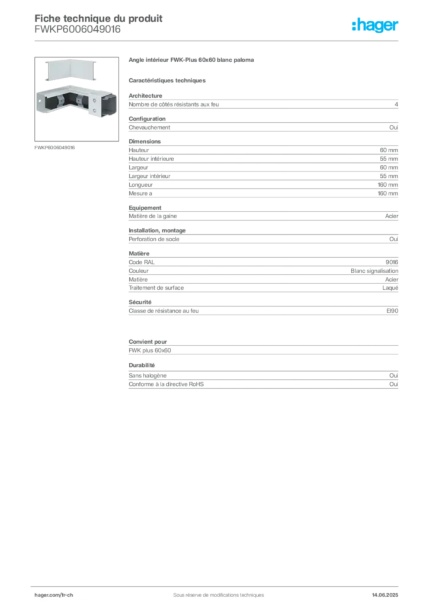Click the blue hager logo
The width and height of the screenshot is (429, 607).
pyautogui.click(x=376, y=25)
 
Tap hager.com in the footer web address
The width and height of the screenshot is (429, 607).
pyautogui.click(x=47, y=594)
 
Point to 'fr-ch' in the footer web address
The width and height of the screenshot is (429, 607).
pyautogui.click(x=67, y=594)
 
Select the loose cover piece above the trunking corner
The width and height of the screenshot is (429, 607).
pyautogui.click(x=71, y=71)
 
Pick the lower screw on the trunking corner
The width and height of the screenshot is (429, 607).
pyautogui.click(x=94, y=110)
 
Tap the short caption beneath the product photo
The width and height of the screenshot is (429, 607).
pyautogui.click(x=55, y=147)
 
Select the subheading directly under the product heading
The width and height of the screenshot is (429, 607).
pyautogui.click(x=168, y=80)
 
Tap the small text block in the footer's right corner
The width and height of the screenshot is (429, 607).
pyautogui.click(x=388, y=592)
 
